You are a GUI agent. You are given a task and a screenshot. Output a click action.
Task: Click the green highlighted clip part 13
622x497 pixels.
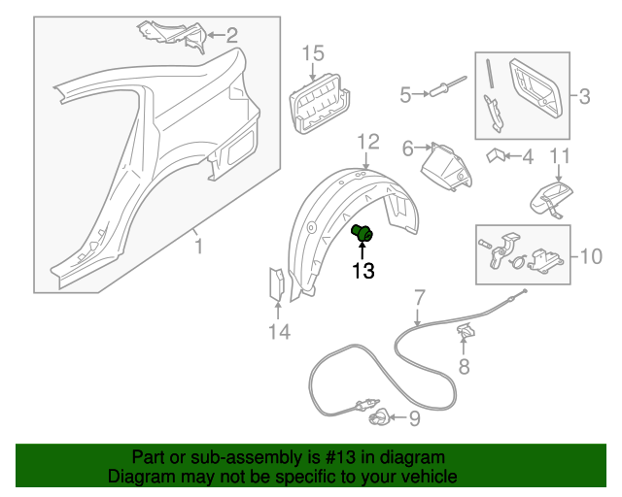(363, 233)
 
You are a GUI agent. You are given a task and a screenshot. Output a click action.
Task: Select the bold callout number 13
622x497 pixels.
(363, 272)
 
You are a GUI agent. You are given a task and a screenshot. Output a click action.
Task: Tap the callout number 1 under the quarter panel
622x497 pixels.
(198, 248)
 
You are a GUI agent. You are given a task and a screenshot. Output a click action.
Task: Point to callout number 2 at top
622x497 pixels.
(231, 36)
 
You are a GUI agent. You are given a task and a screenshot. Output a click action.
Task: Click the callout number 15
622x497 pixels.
(311, 52)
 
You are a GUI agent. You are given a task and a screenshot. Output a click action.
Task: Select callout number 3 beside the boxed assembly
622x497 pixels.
(584, 95)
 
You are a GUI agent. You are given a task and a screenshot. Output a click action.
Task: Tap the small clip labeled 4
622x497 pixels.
(497, 154)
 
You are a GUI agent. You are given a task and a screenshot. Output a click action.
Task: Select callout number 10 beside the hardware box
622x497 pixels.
(591, 256)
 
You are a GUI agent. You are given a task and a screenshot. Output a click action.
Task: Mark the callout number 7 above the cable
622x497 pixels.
(420, 296)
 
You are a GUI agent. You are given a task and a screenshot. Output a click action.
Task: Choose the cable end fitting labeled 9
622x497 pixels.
(380, 418)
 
